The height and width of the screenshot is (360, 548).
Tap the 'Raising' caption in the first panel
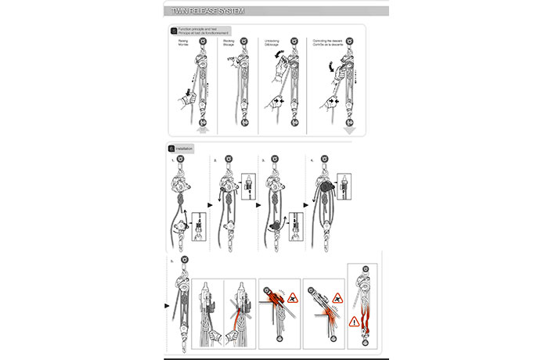(x=184, y=43)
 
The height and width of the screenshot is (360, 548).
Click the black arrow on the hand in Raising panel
(x=189, y=92)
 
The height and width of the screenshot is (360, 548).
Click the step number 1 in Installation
(x=173, y=160)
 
